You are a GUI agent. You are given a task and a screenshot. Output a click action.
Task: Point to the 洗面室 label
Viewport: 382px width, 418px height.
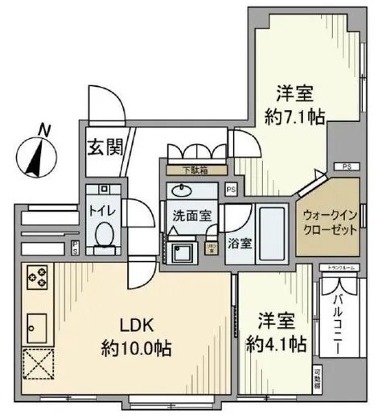[190, 215]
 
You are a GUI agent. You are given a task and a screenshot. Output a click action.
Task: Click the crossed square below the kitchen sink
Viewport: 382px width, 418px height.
[39, 367]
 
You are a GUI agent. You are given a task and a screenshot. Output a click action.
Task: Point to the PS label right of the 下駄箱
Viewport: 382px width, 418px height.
[232, 190]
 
